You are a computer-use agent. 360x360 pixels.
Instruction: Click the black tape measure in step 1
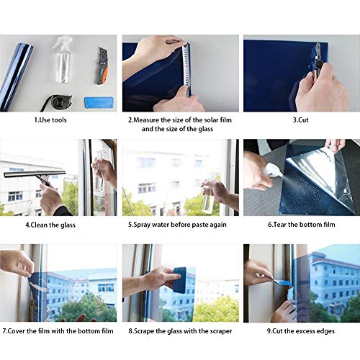57,103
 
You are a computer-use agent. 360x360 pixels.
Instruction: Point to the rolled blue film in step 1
16,77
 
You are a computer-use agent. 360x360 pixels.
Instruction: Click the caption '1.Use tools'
50,120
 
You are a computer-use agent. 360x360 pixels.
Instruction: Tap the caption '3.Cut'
300,120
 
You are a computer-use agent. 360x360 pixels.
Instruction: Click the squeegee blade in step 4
35,174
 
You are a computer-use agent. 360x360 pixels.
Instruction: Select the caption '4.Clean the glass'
50,225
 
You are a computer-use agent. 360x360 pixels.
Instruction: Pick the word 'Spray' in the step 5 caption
142,225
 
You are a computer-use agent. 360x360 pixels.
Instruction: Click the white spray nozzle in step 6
274,170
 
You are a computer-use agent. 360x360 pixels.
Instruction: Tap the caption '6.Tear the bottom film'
302,225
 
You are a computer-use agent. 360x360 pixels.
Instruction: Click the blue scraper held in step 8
180,280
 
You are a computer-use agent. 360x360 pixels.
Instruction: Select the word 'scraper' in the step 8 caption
221,331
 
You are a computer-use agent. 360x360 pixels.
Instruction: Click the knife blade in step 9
282,282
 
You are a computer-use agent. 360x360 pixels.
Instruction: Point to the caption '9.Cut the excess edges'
301,331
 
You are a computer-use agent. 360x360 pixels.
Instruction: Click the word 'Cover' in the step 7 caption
17,331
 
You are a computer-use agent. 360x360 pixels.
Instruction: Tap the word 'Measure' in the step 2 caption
146,120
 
